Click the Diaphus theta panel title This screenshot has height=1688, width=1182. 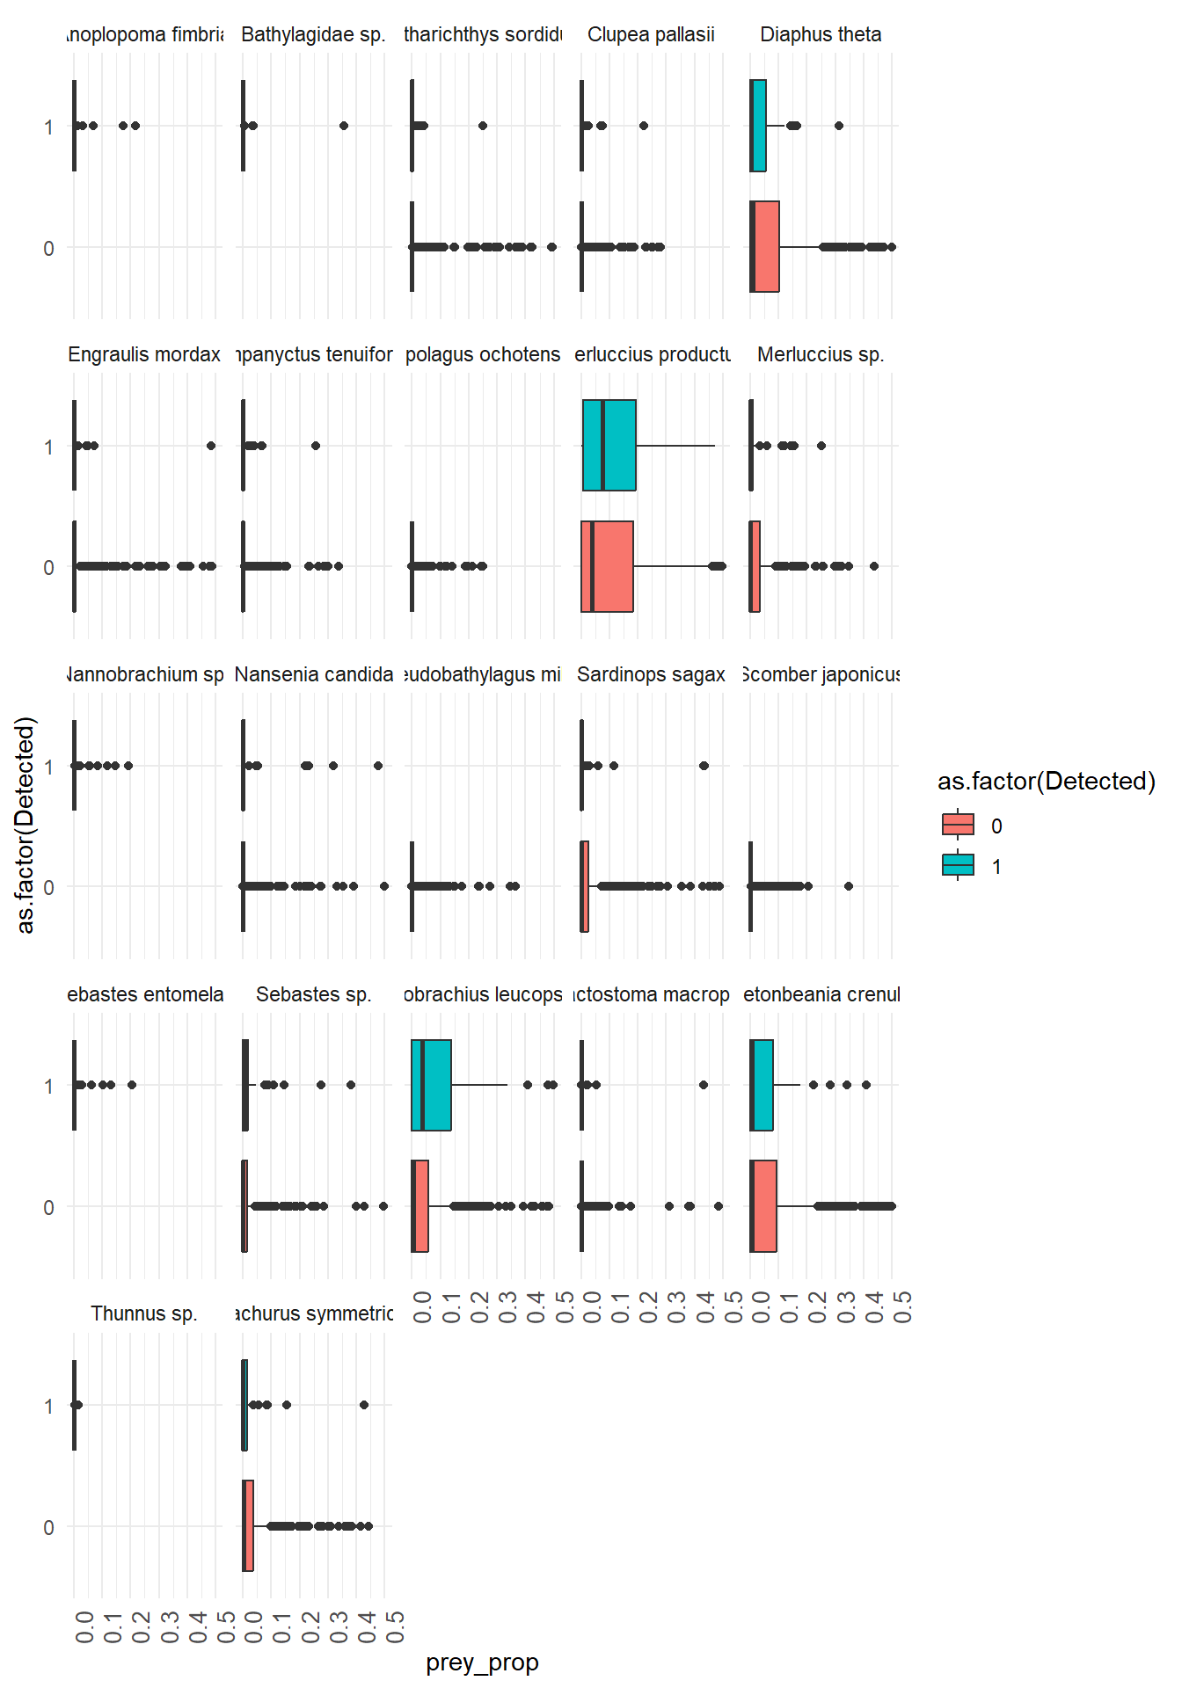(x=821, y=34)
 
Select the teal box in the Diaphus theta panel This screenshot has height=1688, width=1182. (x=759, y=126)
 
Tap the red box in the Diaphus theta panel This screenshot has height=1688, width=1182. (x=765, y=247)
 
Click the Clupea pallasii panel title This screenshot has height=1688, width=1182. (x=651, y=34)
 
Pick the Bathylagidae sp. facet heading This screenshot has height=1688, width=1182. (x=313, y=34)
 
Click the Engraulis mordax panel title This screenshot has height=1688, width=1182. (x=144, y=354)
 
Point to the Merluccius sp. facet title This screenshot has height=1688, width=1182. (x=821, y=354)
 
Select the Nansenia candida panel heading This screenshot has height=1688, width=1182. (x=314, y=674)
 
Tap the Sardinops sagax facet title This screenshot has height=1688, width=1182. (x=651, y=674)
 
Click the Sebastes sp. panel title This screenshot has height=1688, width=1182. (x=314, y=994)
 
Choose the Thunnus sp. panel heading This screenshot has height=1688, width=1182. (x=144, y=1313)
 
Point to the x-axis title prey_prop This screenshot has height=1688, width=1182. (x=482, y=1663)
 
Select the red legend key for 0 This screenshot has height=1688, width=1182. (x=958, y=825)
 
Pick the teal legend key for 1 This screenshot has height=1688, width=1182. (x=958, y=865)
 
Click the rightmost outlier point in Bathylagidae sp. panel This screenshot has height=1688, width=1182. (x=344, y=126)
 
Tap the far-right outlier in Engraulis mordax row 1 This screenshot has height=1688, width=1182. (x=211, y=446)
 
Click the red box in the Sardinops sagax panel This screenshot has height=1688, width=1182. (x=585, y=886)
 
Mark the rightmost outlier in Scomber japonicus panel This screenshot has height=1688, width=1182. (x=849, y=886)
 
